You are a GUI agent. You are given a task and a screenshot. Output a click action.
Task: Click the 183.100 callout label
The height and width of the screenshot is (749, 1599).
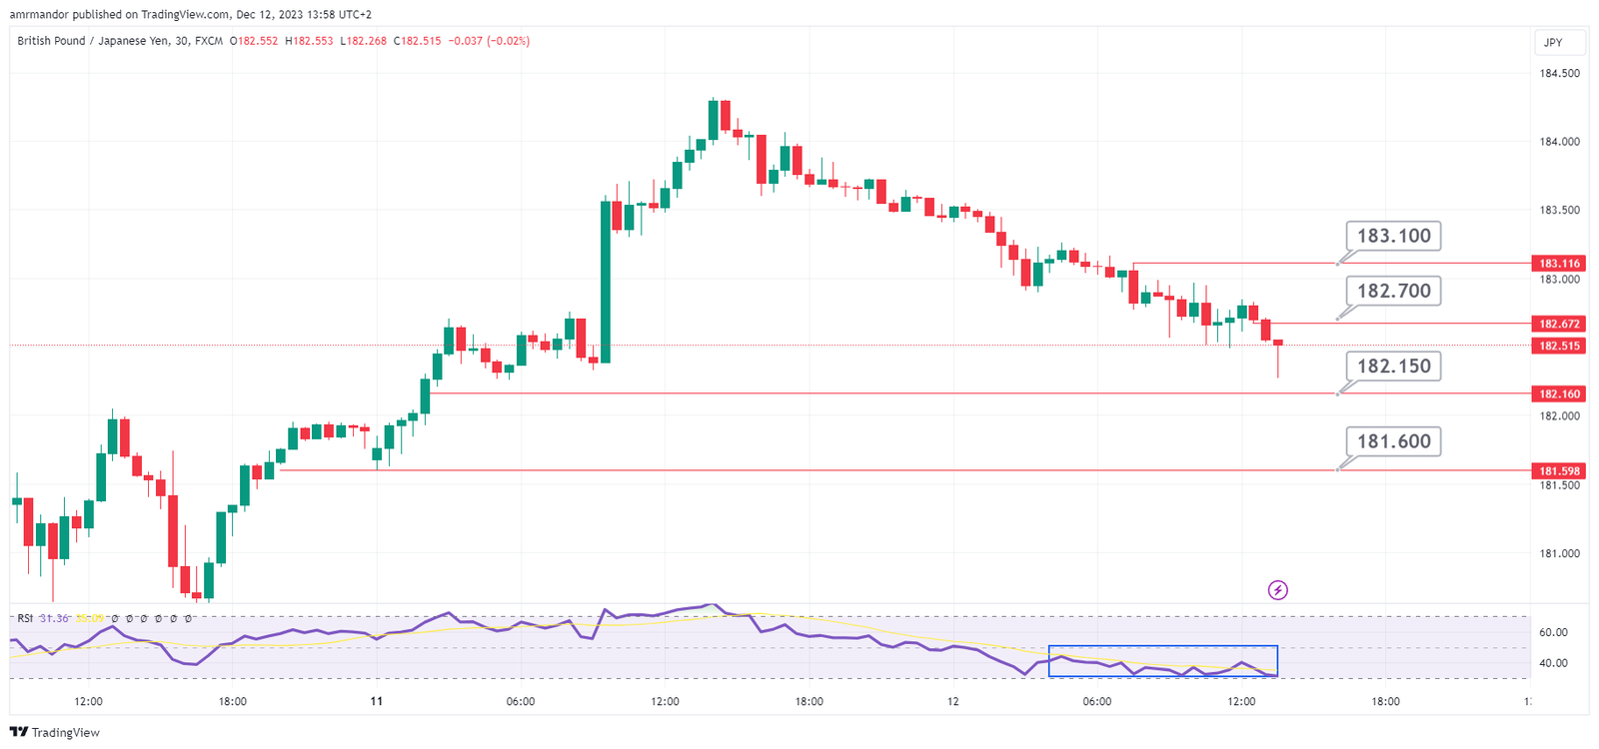(1393, 236)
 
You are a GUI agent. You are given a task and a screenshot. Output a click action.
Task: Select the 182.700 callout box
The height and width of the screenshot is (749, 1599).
(1393, 291)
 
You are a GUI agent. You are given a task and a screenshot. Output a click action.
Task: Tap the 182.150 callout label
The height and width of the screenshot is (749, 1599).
(1393, 366)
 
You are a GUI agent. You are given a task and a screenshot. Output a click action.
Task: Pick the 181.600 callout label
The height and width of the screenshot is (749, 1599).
(1393, 440)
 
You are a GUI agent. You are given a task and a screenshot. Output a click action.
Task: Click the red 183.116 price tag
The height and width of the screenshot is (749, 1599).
(1559, 264)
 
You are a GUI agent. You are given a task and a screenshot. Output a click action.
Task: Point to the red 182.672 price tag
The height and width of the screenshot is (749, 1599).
(1559, 324)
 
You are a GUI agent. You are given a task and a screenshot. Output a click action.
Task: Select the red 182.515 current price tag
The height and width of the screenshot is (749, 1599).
(1559, 346)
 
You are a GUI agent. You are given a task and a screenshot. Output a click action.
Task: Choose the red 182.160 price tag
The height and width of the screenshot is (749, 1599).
(1559, 393)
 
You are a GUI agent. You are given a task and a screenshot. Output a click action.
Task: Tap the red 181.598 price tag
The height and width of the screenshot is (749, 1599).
(1559, 470)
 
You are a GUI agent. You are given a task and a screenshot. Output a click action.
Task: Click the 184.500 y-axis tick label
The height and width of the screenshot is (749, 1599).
(1559, 73)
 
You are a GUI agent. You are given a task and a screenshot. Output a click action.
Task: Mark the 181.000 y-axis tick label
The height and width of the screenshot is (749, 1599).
(1559, 553)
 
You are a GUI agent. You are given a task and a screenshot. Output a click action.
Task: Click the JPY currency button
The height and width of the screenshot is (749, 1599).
(1553, 42)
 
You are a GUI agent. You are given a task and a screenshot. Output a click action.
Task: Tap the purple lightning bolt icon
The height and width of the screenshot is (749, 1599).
(1277, 590)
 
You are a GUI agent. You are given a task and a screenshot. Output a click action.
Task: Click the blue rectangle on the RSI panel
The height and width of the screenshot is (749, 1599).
(1162, 661)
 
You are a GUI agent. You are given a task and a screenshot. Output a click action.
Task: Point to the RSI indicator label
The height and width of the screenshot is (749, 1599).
(25, 618)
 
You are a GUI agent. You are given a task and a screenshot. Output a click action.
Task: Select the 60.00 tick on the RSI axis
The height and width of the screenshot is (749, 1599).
(1553, 632)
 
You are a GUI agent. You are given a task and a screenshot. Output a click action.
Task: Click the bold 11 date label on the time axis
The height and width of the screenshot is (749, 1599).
(376, 701)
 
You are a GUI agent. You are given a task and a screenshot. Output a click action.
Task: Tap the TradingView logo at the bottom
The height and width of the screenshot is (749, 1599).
(56, 732)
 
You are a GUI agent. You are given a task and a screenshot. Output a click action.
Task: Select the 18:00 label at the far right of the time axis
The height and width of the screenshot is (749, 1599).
(1385, 701)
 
